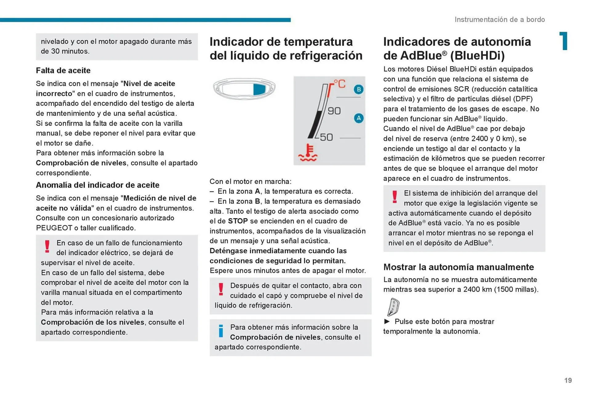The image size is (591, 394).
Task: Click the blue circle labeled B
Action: (x=358, y=90)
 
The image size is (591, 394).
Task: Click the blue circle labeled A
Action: (x=359, y=118)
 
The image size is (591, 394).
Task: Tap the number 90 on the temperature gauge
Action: (x=334, y=111)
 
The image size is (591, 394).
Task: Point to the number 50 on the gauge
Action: (x=326, y=137)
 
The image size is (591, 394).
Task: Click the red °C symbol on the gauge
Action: (x=340, y=84)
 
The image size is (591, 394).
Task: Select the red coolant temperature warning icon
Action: (x=308, y=153)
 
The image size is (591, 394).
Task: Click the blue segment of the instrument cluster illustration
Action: (x=259, y=89)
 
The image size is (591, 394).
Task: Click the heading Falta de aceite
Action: (x=63, y=70)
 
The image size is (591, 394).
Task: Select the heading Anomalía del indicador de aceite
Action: (x=98, y=185)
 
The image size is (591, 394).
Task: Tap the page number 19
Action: (x=568, y=380)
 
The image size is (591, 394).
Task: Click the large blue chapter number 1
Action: (x=564, y=41)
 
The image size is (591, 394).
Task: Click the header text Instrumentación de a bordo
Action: (x=500, y=19)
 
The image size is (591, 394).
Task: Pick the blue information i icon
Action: (x=221, y=331)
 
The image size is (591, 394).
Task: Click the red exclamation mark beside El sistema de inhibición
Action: (x=395, y=197)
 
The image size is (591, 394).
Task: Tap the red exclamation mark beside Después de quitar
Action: (x=221, y=289)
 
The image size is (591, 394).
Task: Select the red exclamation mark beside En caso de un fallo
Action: (x=47, y=246)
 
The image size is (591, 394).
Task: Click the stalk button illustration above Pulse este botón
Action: (x=393, y=307)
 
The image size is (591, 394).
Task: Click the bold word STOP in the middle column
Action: (x=238, y=221)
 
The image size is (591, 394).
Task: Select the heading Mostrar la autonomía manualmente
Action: (x=458, y=267)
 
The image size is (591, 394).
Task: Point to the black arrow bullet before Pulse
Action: (x=387, y=321)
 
